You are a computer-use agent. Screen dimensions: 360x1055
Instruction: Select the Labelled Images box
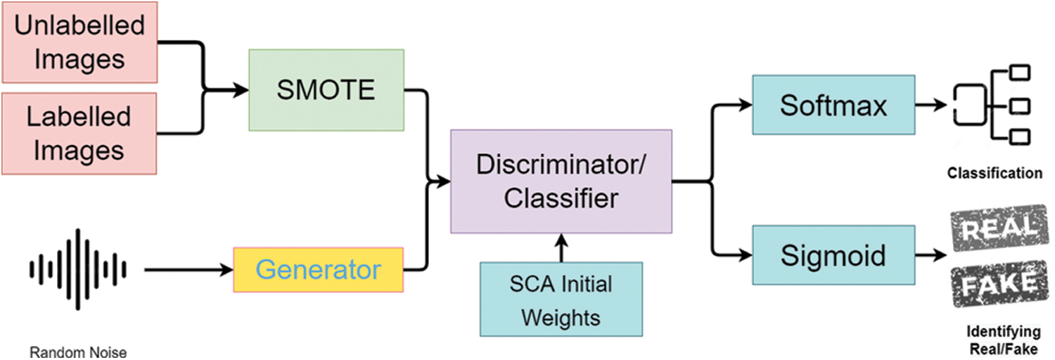point(79,133)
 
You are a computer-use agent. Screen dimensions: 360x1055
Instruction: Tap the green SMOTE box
point(326,90)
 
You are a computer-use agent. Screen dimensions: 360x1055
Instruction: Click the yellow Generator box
point(319,270)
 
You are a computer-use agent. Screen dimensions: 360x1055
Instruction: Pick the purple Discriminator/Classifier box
point(561,181)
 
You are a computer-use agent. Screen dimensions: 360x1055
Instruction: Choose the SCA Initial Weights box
point(561,300)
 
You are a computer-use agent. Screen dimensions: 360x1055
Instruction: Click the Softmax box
point(833,106)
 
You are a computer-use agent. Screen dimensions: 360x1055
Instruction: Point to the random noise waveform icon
point(77,269)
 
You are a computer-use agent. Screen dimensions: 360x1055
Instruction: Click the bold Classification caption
point(994,173)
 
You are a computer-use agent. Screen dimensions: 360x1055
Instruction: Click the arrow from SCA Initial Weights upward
point(561,248)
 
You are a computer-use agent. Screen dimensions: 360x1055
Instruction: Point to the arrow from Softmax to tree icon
point(932,106)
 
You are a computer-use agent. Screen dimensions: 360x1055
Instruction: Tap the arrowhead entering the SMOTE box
point(241,90)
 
